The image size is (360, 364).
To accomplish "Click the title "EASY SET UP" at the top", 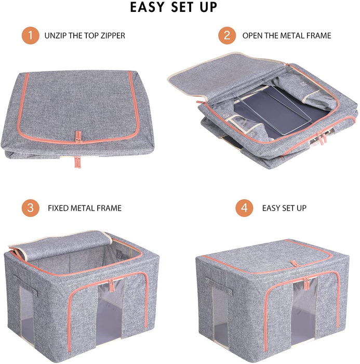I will pos(174,8).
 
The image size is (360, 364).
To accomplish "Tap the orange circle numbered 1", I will pos(30,36).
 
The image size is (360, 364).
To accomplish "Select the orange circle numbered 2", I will pos(227,36).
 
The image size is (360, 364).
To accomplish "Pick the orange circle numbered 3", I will pos(30,208).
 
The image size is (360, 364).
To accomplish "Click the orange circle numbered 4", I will pos(244,208).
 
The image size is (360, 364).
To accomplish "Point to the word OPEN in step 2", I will pos(253,36).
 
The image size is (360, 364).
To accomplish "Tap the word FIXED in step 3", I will pos(58,208).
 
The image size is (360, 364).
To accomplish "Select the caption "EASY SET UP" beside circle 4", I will pos(284,208).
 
